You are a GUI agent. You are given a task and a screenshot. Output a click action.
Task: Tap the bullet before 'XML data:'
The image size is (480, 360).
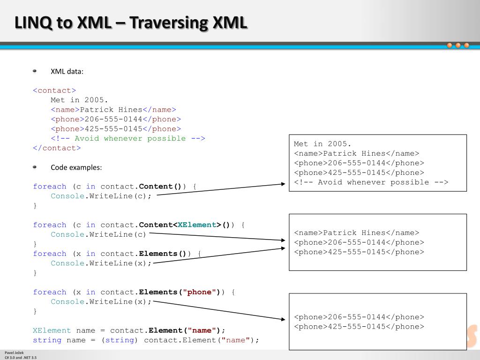[x=35, y=71]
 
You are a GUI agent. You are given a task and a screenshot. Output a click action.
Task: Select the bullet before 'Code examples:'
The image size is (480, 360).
[x=35, y=167]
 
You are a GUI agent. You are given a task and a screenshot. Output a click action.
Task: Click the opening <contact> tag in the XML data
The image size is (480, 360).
[x=54, y=90]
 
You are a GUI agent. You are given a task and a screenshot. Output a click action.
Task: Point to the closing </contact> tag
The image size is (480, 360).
[x=57, y=148]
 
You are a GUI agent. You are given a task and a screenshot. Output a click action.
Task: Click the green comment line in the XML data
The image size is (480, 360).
[x=128, y=138]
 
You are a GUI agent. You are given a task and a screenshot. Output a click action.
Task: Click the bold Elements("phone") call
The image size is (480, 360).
[x=180, y=292]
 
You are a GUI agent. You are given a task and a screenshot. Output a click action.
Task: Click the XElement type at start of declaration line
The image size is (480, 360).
[x=52, y=330]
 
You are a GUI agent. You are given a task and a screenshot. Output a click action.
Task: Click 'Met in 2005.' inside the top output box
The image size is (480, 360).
[x=322, y=144]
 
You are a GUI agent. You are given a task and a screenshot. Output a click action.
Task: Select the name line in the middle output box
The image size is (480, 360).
[x=357, y=233]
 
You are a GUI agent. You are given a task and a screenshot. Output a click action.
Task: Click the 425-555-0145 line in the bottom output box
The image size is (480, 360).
[x=359, y=327]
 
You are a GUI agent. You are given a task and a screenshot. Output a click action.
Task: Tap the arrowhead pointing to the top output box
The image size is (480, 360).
[x=283, y=184]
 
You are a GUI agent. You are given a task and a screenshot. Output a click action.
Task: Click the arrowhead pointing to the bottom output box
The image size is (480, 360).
[x=283, y=319]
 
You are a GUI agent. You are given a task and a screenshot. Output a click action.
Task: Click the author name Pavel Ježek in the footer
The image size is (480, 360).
[x=13, y=352]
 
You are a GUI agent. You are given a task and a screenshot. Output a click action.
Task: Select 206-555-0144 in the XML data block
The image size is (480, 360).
[x=113, y=119]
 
